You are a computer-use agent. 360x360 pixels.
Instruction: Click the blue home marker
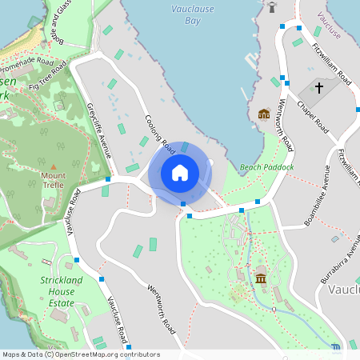coord(180,172)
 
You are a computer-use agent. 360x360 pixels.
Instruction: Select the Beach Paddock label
coord(266,167)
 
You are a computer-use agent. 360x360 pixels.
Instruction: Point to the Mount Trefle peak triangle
coord(54,166)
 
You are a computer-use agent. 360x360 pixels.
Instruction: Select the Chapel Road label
coord(312,117)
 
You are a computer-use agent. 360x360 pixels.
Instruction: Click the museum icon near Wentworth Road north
coord(264,114)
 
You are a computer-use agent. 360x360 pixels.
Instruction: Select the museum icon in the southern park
coord(261,278)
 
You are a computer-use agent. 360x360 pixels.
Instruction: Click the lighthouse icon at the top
coord(272,6)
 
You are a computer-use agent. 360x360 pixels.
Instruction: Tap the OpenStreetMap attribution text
coord(80,354)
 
